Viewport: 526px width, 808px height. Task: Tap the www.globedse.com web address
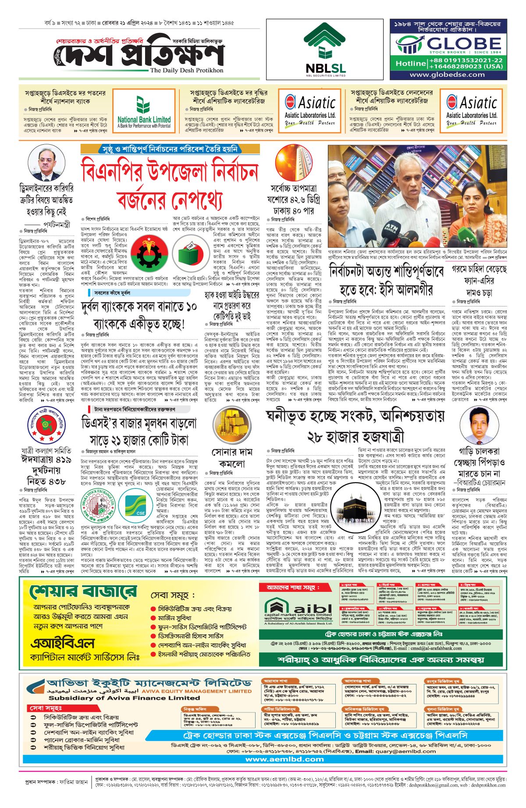point(447,75)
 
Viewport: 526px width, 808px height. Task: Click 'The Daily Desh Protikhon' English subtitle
point(186,70)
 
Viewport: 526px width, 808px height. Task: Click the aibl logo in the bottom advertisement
point(298,608)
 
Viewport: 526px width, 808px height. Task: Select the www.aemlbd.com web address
point(284,759)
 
